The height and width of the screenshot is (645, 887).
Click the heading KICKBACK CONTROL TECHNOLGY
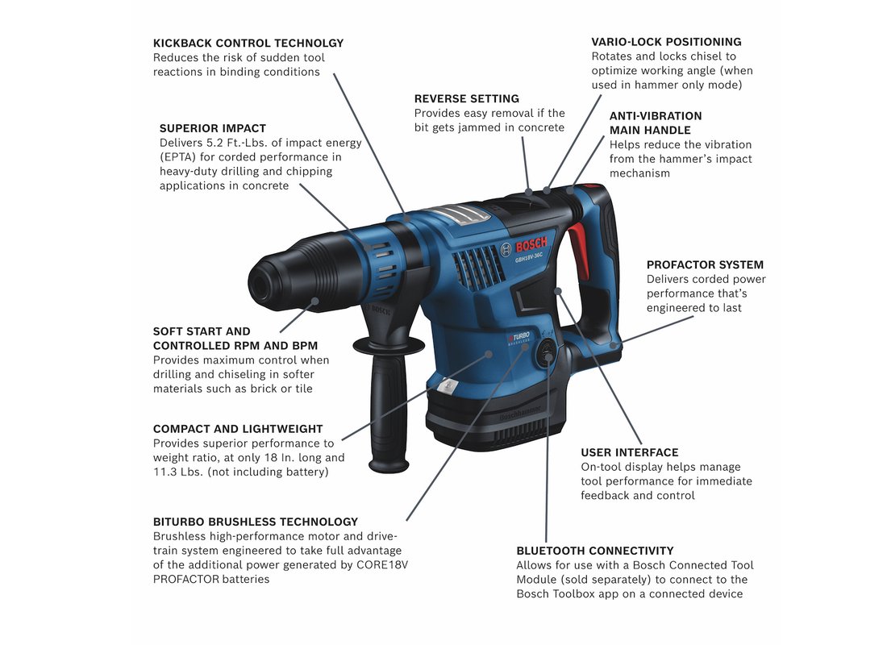coord(248,43)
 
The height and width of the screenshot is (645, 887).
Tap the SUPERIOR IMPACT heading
coord(213,128)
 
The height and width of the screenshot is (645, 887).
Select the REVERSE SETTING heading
coord(467,98)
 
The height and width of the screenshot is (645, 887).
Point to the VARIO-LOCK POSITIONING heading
coord(666,42)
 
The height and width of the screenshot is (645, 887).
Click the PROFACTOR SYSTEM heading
coord(705,264)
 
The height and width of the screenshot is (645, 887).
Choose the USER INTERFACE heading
coord(630,452)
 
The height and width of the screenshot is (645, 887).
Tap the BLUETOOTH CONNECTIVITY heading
coord(595,551)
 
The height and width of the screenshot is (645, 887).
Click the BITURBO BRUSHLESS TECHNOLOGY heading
coord(256,522)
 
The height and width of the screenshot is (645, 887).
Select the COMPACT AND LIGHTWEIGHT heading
coord(238,429)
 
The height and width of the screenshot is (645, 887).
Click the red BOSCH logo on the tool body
coord(531,244)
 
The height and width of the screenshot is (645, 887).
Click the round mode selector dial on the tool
coord(547,354)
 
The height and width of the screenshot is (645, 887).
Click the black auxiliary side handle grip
coord(389,416)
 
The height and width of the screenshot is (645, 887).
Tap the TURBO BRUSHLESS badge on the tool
coord(518,338)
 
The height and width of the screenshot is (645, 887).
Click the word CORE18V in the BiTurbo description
coord(382,564)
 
